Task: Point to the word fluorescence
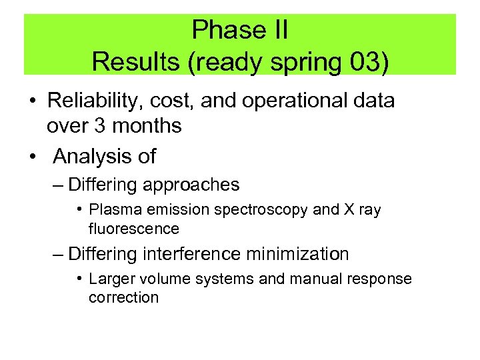point(134,229)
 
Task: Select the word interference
point(196,254)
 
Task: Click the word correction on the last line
point(123,297)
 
